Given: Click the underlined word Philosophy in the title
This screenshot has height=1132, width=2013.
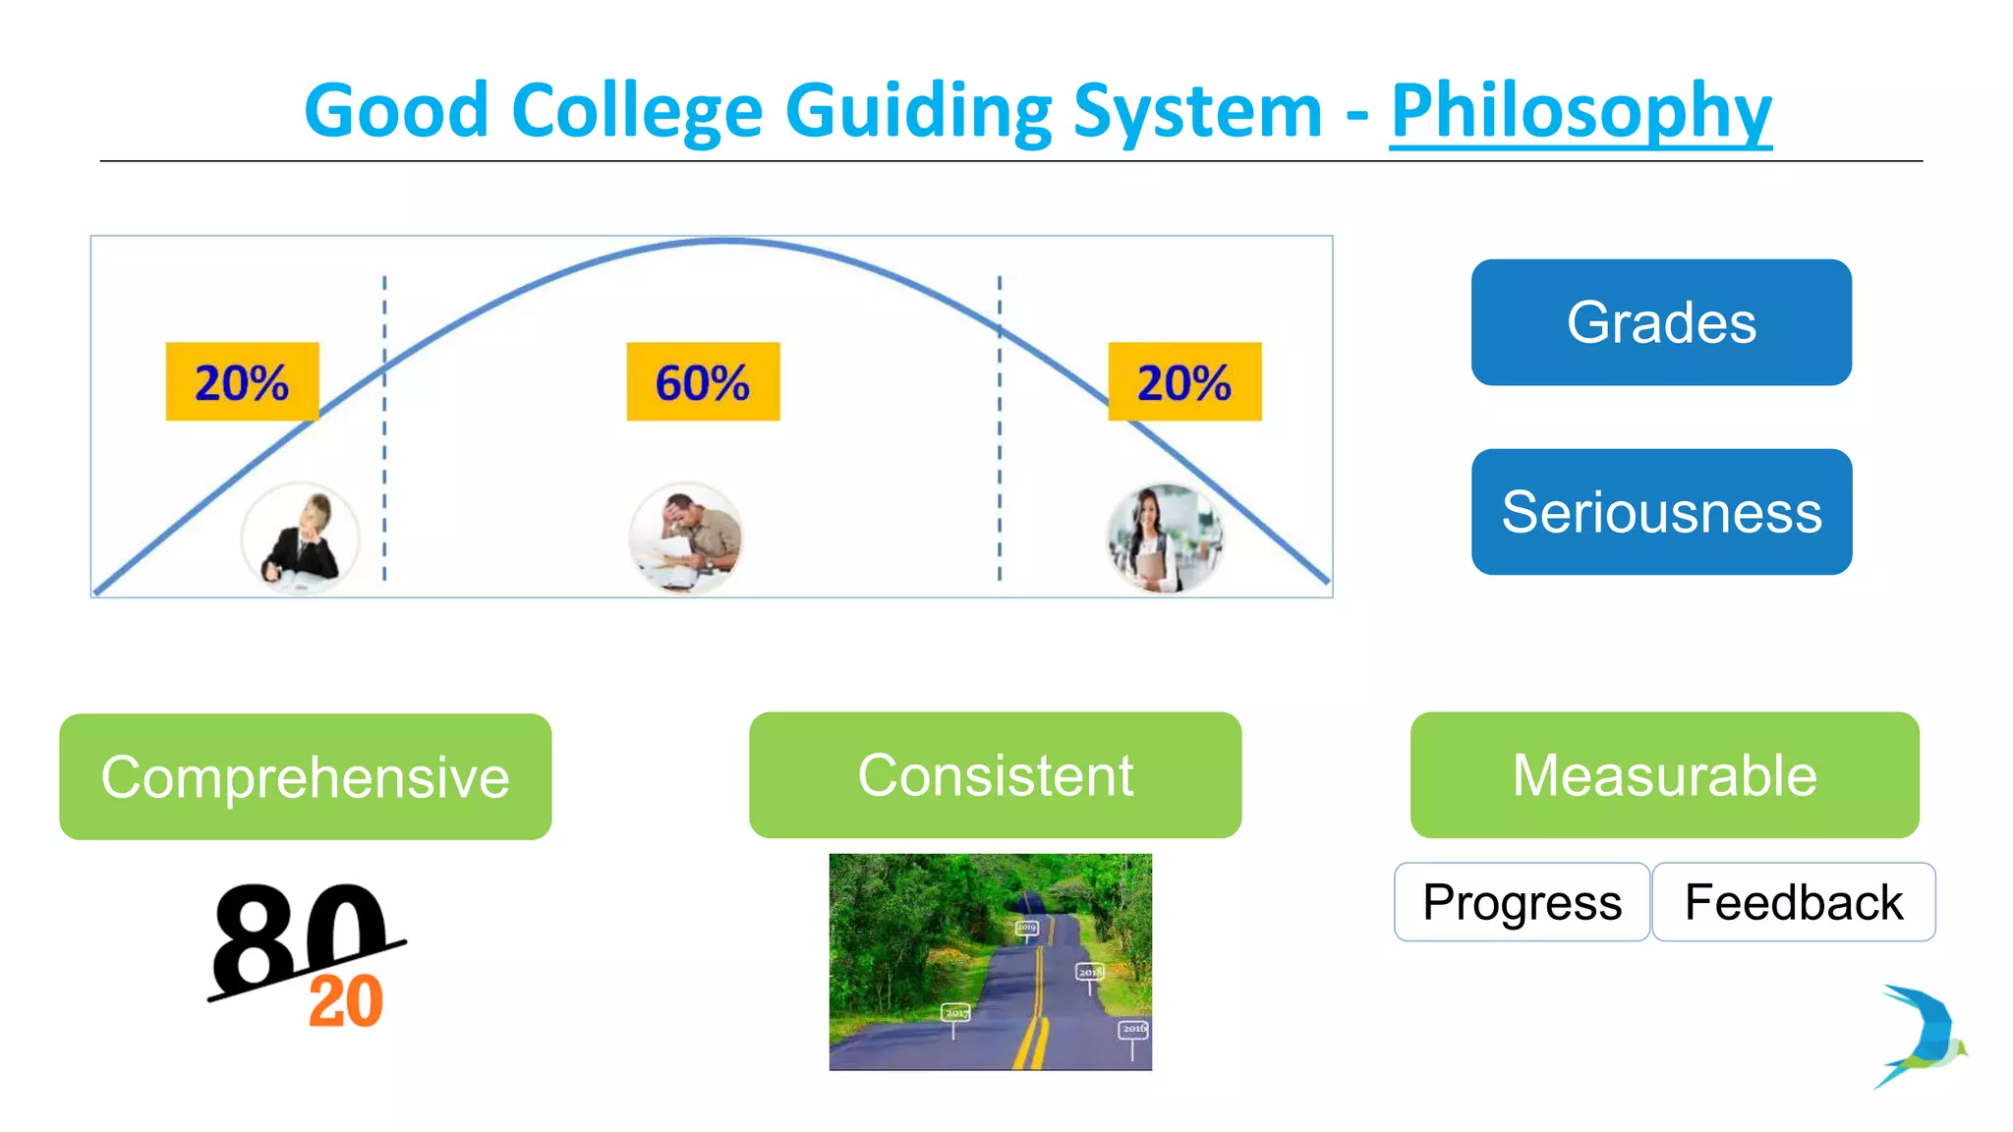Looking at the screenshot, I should coord(1581,112).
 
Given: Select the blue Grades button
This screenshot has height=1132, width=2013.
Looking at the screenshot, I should coord(1661,322).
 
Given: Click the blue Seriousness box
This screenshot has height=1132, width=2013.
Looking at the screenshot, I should coord(1661,512).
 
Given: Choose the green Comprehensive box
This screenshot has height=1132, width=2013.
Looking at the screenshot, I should coord(305,776).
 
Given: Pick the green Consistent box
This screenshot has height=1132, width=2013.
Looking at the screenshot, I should coord(995,775).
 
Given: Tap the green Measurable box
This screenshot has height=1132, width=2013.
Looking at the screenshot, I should coord(1664,775).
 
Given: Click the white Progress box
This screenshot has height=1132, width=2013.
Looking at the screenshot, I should coord(1522,902).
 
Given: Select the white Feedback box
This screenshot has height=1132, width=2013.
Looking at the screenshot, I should coord(1794,902).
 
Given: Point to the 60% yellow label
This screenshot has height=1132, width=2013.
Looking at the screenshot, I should coord(703,382).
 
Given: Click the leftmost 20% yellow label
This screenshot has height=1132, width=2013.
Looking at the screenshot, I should coord(242,382).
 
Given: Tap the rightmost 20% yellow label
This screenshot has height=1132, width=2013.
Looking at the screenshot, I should coord(1184,382).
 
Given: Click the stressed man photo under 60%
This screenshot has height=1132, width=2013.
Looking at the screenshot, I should coord(686,538).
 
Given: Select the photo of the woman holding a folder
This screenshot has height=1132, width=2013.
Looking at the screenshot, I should coord(1164,538).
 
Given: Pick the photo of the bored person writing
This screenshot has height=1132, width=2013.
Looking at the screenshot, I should coord(300,538).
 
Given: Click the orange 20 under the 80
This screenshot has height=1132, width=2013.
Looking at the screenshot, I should coord(345,1001).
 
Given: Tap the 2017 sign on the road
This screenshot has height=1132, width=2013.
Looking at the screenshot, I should coord(955,1012).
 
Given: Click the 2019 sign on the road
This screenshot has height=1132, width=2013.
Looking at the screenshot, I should coord(1026,927).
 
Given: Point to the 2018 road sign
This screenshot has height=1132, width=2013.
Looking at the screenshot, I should coord(1089,972).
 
